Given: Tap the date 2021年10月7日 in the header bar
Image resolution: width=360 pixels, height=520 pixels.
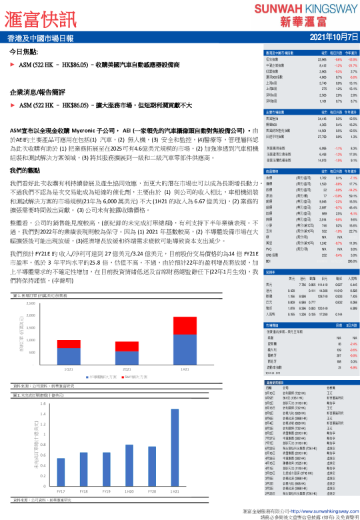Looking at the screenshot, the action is tap(327, 38).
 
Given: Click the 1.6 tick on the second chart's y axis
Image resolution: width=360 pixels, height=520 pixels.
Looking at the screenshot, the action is tap(43, 403).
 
